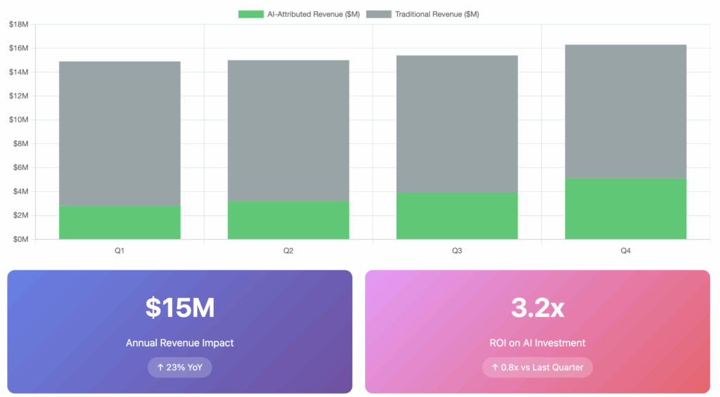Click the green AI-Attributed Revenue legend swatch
click(251, 14)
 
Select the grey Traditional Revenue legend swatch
click(379, 14)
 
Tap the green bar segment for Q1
click(120, 222)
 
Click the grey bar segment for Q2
click(288, 131)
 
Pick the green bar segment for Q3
click(457, 216)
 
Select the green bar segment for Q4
click(626, 209)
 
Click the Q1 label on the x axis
click(120, 250)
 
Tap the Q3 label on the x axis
click(457, 250)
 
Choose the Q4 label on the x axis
click(626, 250)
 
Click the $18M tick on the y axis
click(18, 25)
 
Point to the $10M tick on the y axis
click(18, 119)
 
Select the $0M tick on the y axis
click(20, 239)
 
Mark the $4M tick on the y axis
click(20, 191)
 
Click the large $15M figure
click(179, 308)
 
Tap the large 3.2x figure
click(537, 308)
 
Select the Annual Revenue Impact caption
click(179, 343)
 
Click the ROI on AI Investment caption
click(537, 343)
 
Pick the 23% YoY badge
click(179, 367)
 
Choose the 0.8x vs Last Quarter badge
click(537, 367)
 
